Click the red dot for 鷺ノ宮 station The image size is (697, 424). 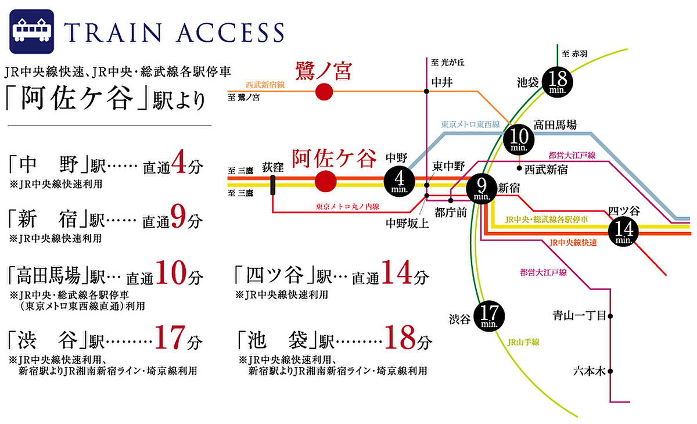(x=324, y=92)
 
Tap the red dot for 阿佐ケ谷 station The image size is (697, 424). (x=326, y=181)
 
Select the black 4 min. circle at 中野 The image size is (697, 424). (x=398, y=180)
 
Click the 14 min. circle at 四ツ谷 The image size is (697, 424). (x=623, y=231)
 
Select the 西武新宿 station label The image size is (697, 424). (x=545, y=170)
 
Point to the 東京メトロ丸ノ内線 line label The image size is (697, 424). (x=348, y=206)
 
